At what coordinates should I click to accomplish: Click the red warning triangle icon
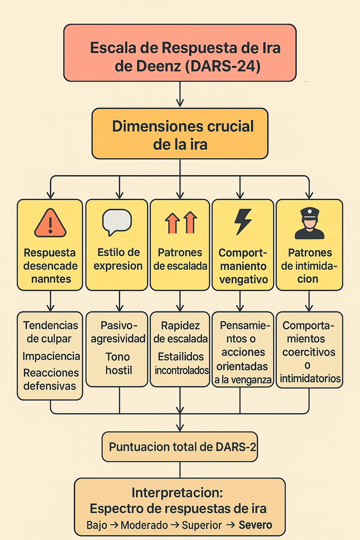click(x=50, y=224)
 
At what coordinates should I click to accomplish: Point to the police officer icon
click(x=309, y=224)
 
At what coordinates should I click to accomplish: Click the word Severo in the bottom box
click(x=255, y=525)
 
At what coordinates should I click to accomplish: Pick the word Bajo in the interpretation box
click(x=97, y=525)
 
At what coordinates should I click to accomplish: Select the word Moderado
click(x=144, y=525)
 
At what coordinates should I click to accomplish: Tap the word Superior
click(x=202, y=525)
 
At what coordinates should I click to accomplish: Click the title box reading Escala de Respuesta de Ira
click(x=180, y=53)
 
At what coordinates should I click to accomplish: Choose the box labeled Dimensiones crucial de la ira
click(x=180, y=134)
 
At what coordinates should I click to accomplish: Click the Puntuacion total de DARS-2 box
click(x=180, y=447)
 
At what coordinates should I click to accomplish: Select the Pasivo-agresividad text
click(x=118, y=332)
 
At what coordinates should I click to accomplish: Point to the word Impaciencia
click(x=51, y=356)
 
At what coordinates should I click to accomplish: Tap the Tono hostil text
click(x=118, y=364)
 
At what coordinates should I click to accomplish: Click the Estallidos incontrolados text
click(x=181, y=364)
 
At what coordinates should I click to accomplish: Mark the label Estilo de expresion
click(x=118, y=259)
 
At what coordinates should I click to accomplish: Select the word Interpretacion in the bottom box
click(x=177, y=493)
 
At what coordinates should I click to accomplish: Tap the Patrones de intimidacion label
click(x=309, y=266)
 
